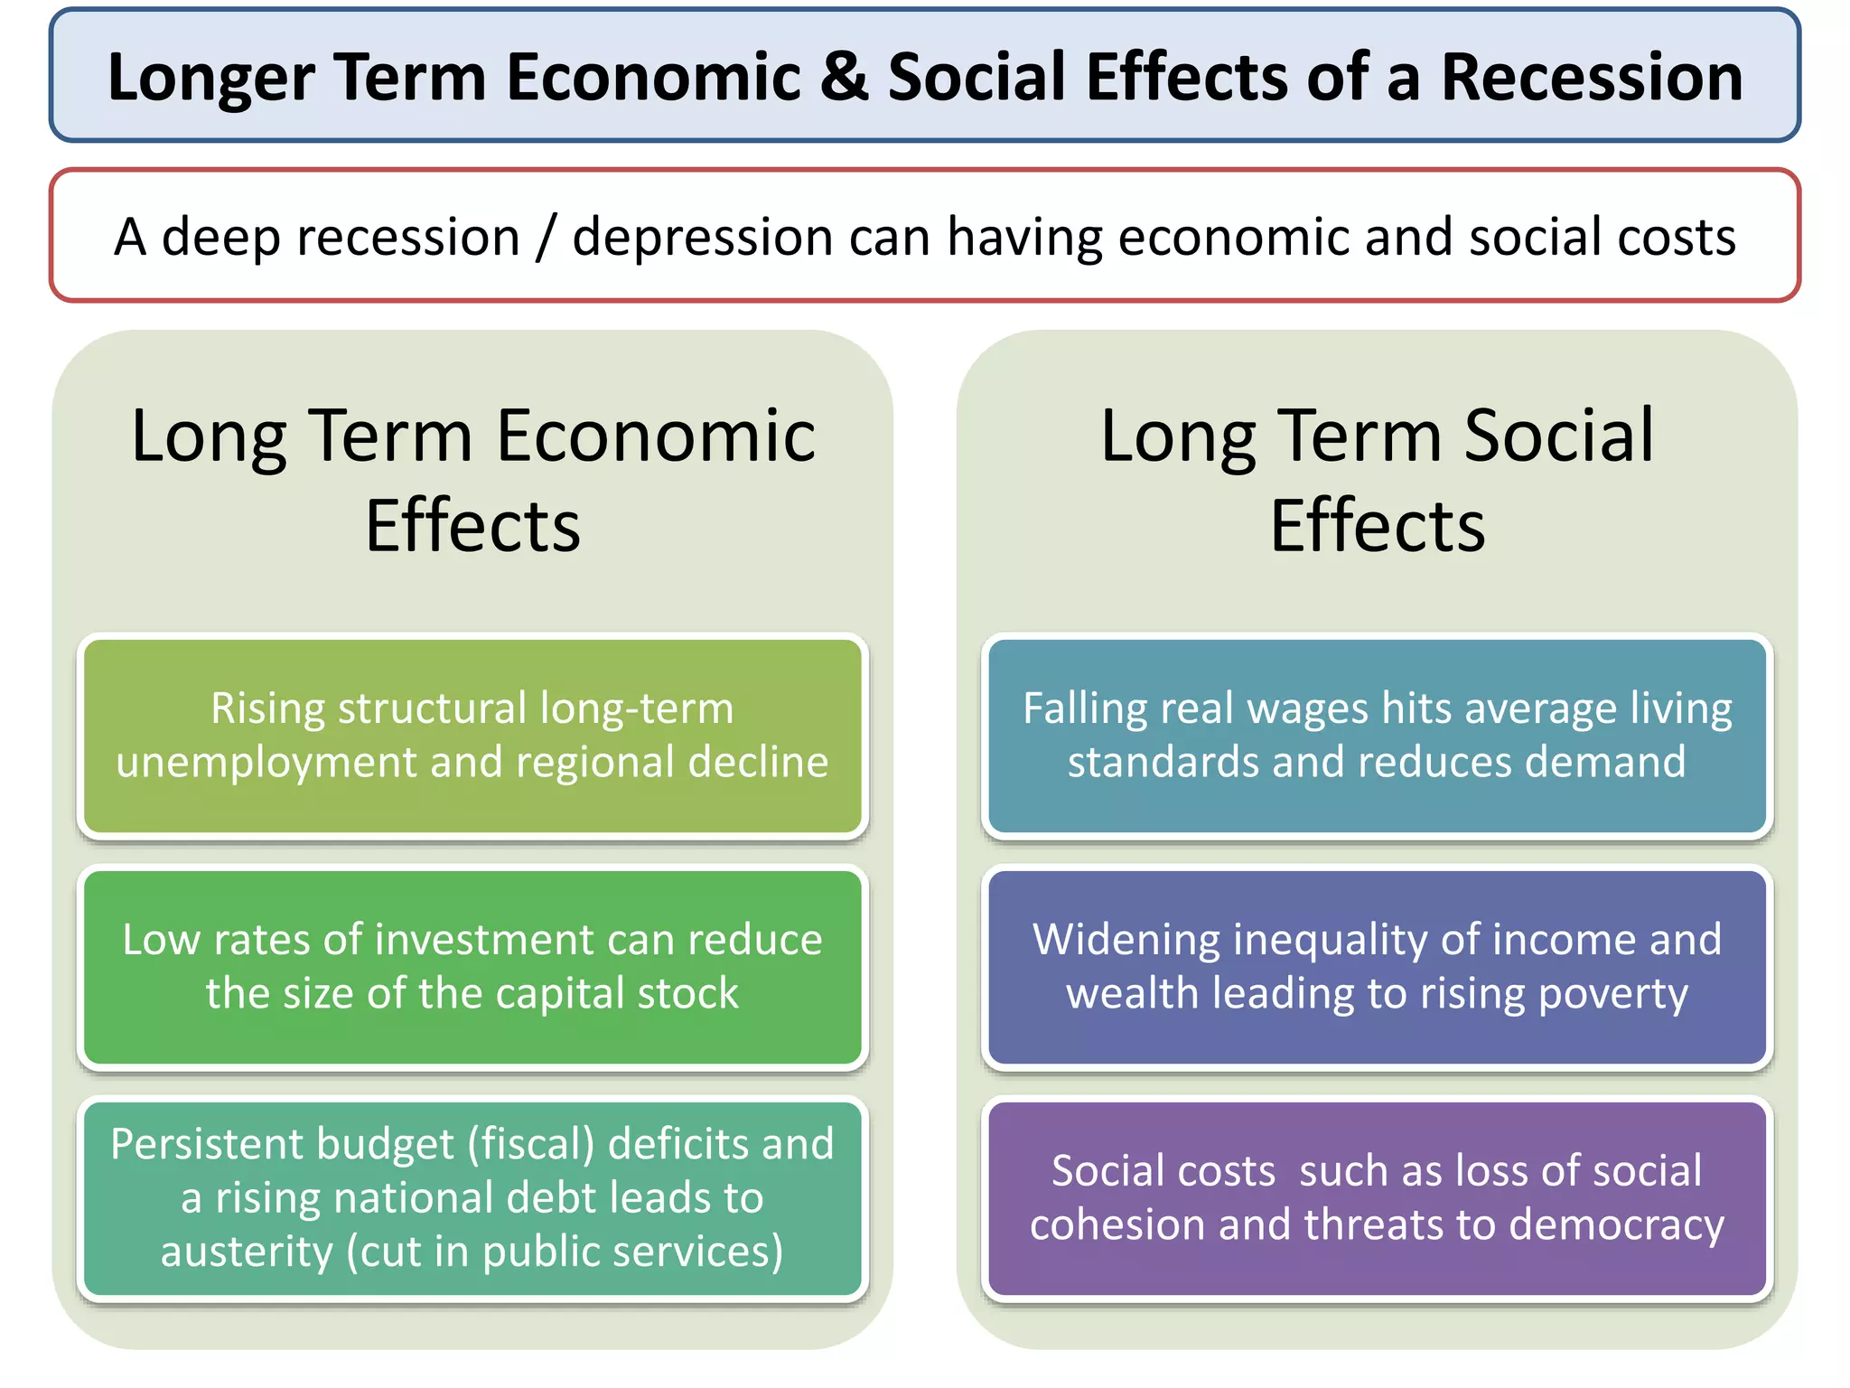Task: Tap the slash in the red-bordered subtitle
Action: coord(546,238)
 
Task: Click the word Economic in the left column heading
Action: coord(656,436)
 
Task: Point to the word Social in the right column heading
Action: coord(1558,436)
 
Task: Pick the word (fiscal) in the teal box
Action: coord(530,1145)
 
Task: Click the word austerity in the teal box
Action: coord(247,1252)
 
